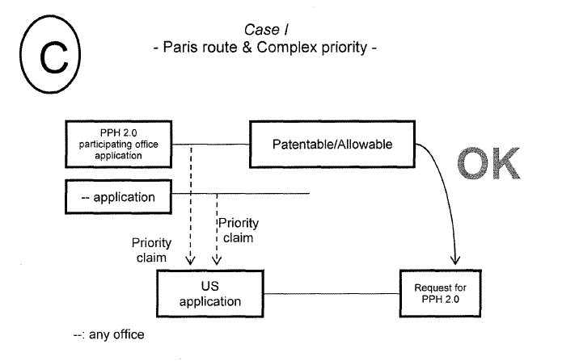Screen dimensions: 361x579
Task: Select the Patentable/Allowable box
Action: [x=331, y=145]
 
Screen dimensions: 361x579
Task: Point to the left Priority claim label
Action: [x=151, y=250]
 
